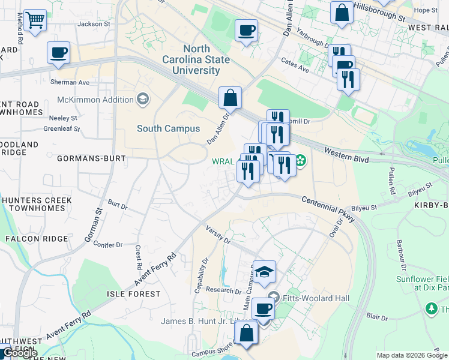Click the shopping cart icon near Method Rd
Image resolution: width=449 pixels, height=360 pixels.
tap(35, 21)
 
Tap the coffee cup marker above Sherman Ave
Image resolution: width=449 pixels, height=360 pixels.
tap(58, 53)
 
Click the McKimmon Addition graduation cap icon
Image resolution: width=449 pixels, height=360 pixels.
tap(143, 99)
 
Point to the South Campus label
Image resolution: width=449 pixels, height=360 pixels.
tap(168, 128)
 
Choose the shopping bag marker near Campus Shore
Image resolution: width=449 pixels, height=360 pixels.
tap(246, 332)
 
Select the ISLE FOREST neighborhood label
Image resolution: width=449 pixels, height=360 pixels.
tap(133, 294)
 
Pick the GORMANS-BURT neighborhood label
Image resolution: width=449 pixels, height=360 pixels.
tap(91, 158)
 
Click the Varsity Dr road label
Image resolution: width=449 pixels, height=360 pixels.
tap(218, 235)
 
